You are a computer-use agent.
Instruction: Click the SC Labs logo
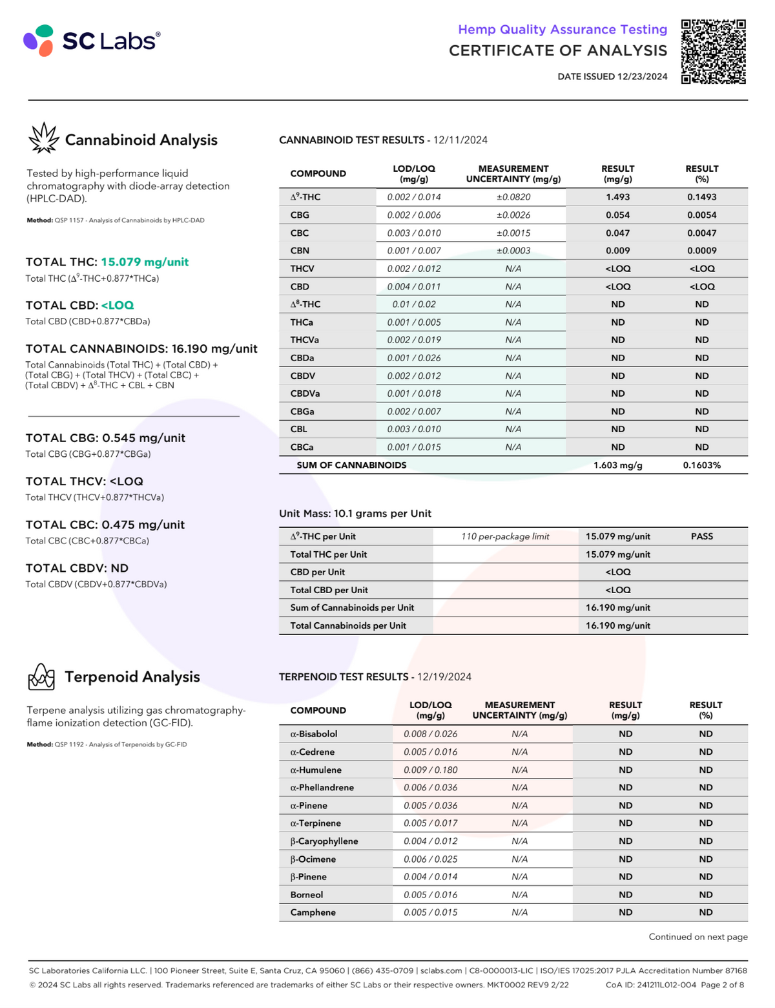tap(92, 41)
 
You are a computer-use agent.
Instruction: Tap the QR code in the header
tap(714, 52)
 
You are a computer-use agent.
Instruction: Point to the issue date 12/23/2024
tap(642, 76)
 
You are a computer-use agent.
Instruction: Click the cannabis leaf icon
tap(43, 138)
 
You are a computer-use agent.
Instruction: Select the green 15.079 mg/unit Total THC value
tap(145, 262)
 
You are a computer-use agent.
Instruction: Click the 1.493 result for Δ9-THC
tap(617, 197)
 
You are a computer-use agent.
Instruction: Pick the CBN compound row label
tap(300, 251)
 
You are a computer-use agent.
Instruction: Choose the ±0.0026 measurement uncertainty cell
tap(513, 215)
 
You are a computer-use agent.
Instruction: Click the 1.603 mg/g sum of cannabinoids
tap(617, 465)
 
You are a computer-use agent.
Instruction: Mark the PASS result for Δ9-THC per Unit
tap(701, 536)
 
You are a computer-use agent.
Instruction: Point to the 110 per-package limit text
tap(505, 536)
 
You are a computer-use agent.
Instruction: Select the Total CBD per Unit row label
tap(329, 590)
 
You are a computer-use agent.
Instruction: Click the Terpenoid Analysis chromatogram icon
tap(41, 677)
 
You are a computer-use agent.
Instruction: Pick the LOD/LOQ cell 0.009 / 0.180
tap(431, 770)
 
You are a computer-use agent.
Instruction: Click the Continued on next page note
tap(698, 937)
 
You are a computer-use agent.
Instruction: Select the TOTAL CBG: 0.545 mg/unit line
tap(105, 437)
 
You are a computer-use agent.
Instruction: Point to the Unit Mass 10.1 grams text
tap(355, 514)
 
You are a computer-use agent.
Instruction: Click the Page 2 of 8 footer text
tap(722, 985)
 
